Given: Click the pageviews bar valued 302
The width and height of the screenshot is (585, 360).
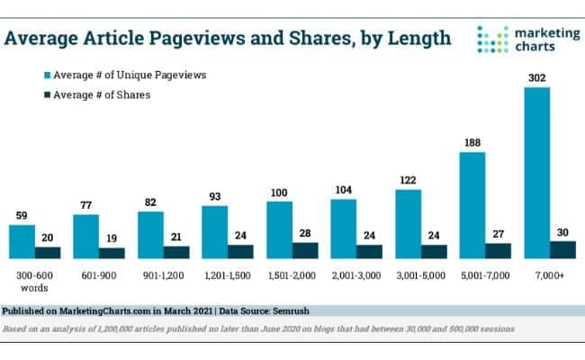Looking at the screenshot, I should [537, 173].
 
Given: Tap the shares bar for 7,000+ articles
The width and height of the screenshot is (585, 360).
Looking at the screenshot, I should [562, 249].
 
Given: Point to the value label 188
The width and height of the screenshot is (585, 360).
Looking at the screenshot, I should [472, 142].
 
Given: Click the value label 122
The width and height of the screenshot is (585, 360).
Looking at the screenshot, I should [408, 179].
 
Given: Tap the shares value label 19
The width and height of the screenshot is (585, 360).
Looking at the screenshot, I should [112, 238].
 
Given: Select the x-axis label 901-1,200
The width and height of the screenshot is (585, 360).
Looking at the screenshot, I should [151, 274].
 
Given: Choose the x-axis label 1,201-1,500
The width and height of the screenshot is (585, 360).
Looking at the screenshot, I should [217, 274].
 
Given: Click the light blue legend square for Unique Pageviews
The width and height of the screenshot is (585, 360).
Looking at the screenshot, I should [47, 75].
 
